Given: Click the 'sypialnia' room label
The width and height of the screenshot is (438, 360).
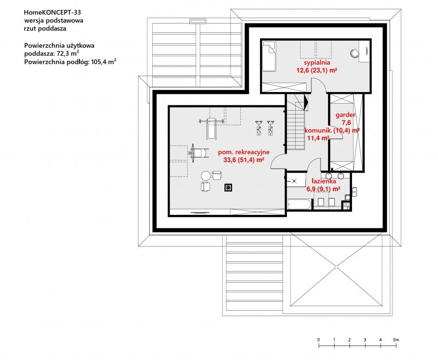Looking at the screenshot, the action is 317,62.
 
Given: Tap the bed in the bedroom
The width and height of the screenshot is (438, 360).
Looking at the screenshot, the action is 269,56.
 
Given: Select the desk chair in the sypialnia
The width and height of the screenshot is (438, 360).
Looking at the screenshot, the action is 355,53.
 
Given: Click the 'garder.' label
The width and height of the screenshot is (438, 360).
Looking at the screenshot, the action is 346,115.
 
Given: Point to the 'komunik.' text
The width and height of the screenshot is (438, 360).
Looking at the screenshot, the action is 318,130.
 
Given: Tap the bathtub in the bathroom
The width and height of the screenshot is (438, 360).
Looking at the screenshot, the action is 299,204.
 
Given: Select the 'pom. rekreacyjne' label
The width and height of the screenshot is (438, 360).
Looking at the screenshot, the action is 244,152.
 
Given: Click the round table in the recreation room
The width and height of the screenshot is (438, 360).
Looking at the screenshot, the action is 206,176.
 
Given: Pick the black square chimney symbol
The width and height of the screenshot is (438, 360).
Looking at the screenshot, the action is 228,187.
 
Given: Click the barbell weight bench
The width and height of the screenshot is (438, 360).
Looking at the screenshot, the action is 211,128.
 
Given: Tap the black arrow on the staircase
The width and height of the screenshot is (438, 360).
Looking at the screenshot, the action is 306,102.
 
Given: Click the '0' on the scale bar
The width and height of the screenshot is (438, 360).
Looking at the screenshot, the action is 319,340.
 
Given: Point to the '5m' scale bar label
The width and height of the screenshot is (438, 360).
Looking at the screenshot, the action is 396,340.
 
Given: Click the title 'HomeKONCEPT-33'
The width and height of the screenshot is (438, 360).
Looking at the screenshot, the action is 49,12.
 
